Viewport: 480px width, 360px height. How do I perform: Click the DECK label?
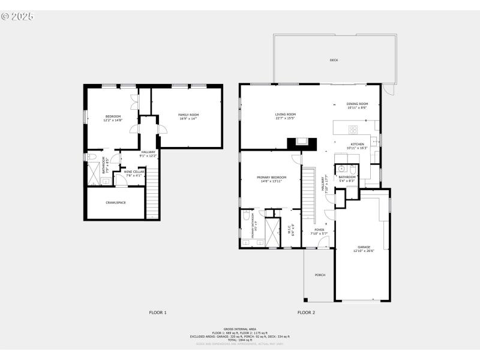click(334, 60)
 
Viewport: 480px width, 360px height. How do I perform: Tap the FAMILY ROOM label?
click(188, 115)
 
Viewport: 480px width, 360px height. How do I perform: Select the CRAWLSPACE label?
click(115, 203)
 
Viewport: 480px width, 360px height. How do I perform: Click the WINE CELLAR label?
click(134, 172)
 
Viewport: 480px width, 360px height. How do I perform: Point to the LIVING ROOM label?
click(286, 114)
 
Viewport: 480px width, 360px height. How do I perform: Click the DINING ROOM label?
click(358, 104)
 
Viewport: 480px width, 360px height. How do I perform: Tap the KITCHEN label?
click(358, 144)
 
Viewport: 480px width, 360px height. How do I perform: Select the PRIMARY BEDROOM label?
click(271, 178)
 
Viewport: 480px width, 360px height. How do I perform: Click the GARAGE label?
click(364, 247)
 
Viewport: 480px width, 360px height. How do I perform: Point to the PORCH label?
click(320, 275)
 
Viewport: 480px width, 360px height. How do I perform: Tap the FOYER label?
click(319, 230)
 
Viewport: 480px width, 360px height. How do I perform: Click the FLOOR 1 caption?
click(158, 313)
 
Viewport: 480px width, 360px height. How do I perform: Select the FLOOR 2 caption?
click(306, 313)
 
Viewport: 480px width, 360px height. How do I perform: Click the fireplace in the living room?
click(301, 143)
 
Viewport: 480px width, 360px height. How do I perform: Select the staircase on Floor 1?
click(152, 192)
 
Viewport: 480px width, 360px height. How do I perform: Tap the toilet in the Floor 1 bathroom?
click(92, 157)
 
